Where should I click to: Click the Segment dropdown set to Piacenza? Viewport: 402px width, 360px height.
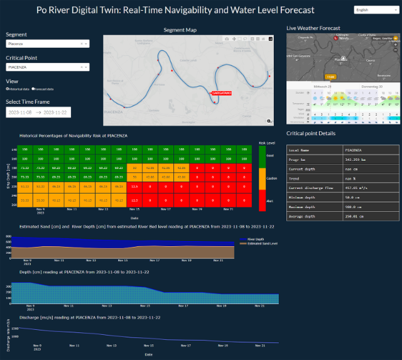(x=47, y=44)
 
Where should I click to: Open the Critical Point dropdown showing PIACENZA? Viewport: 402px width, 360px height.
(x=47, y=67)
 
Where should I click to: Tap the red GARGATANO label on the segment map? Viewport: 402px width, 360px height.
(x=222, y=93)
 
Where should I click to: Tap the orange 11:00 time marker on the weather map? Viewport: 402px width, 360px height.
(x=330, y=76)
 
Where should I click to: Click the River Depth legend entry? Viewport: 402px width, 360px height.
(x=256, y=239)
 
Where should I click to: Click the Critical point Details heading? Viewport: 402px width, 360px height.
(x=311, y=133)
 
